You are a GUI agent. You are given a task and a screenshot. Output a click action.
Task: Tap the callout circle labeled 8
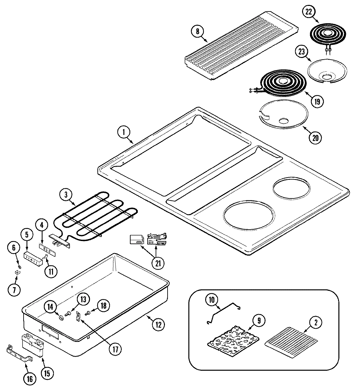pyautogui.click(x=197, y=32)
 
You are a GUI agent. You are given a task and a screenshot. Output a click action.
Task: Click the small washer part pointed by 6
pyautogui.click(x=19, y=263)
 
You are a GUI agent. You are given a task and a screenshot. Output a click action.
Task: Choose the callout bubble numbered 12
pyautogui.click(x=158, y=325)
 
